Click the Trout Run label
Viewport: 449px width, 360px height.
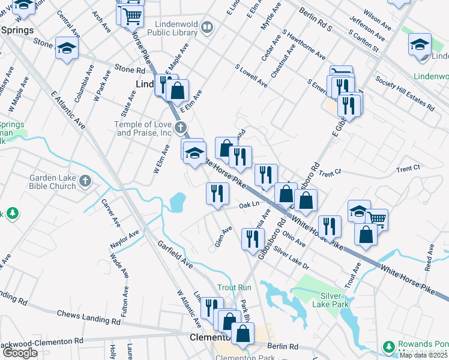point(234,288)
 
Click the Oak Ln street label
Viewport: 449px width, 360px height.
point(249,205)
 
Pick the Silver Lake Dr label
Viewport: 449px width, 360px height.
point(291,256)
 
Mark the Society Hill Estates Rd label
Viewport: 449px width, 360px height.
point(405,93)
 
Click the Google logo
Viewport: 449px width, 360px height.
point(20,353)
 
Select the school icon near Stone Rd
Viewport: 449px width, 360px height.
point(67,49)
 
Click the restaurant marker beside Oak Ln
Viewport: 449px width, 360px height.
point(217,193)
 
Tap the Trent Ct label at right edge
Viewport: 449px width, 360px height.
point(408,169)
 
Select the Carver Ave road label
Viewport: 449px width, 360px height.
point(110,212)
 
